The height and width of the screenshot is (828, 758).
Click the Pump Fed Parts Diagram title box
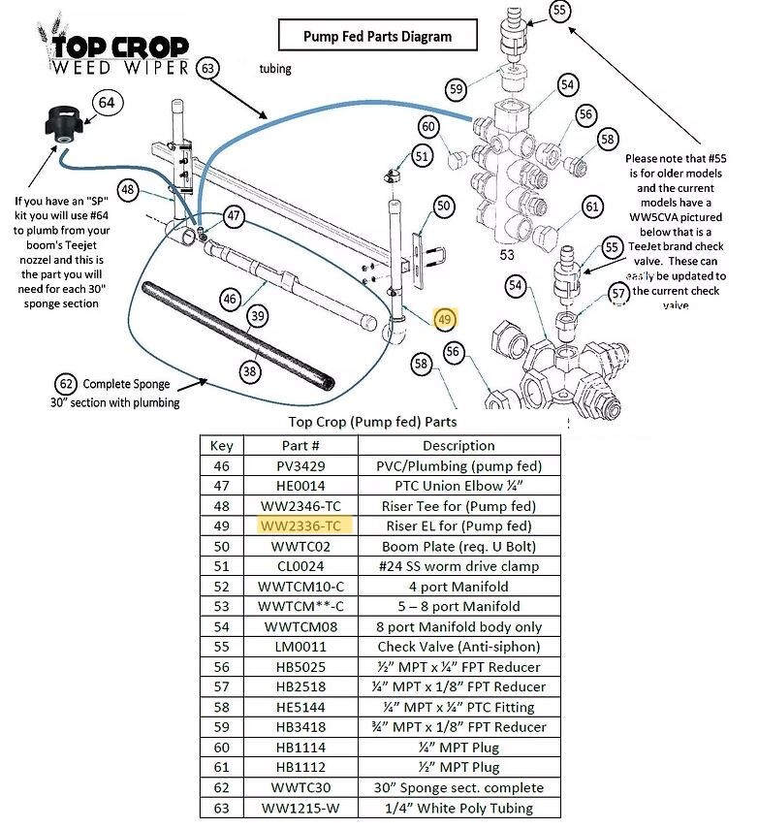(377, 37)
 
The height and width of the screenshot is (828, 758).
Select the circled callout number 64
(107, 102)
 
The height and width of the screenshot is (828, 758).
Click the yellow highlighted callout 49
(445, 320)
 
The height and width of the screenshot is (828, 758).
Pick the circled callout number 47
(234, 215)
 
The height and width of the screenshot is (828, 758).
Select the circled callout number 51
(421, 155)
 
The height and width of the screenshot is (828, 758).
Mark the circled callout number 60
(429, 126)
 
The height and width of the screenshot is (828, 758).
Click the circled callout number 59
(457, 89)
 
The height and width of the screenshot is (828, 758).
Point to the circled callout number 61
(592, 207)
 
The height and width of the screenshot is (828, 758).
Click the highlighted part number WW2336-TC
(300, 525)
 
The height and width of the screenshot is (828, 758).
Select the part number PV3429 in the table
(300, 465)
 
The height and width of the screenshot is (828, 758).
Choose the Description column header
(458, 445)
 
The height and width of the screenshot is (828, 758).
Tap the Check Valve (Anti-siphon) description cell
(458, 647)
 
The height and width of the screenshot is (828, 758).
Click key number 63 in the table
(221, 808)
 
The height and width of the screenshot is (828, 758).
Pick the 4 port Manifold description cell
(458, 586)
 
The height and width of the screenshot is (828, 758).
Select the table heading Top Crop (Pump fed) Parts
(373, 422)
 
